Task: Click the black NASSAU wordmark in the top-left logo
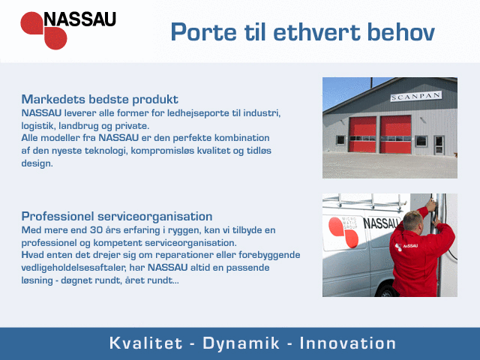pyautogui.click(x=80, y=19)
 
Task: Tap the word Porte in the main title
pyautogui.click(x=203, y=31)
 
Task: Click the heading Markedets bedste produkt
pyautogui.click(x=100, y=100)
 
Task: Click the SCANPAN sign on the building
pyautogui.click(x=415, y=97)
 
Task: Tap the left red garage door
pyautogui.click(x=362, y=134)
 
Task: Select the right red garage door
pyautogui.click(x=396, y=134)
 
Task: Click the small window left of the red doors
pyautogui.click(x=340, y=140)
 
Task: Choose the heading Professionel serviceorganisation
pyautogui.click(x=117, y=217)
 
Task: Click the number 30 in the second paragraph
pyautogui.click(x=96, y=230)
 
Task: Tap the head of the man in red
pyautogui.click(x=413, y=220)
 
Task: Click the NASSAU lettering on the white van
pyautogui.click(x=382, y=223)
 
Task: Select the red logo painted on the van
pyautogui.click(x=343, y=232)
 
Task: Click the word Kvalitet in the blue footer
pyautogui.click(x=145, y=343)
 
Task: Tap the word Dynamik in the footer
pyautogui.click(x=241, y=343)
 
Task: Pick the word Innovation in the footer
pyautogui.click(x=347, y=343)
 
